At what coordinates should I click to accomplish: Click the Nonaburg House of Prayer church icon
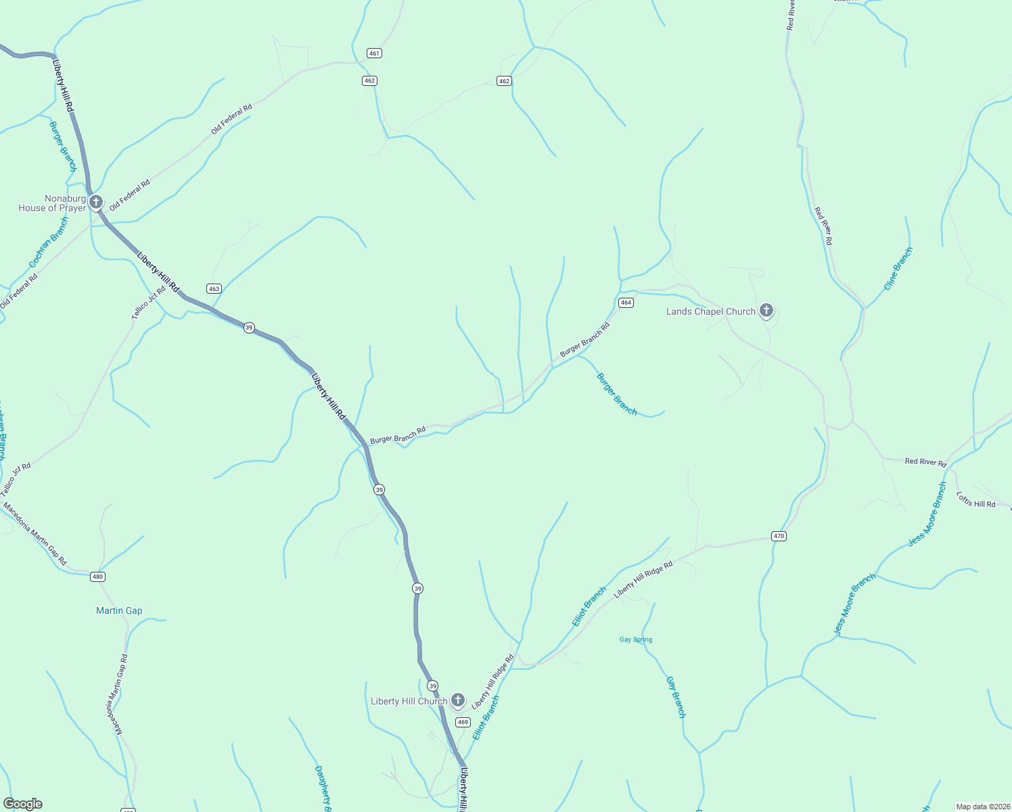click(96, 202)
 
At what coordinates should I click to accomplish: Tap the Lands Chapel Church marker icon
click(766, 311)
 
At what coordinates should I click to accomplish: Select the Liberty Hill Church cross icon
click(458, 700)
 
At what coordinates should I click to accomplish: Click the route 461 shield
click(374, 53)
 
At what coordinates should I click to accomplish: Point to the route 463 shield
click(214, 288)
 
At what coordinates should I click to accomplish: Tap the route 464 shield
click(626, 302)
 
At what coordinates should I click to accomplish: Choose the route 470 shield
click(779, 536)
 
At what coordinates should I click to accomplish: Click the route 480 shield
click(98, 577)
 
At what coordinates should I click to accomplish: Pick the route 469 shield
click(463, 722)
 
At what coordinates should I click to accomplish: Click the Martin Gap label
click(119, 610)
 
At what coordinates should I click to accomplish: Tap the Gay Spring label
click(636, 639)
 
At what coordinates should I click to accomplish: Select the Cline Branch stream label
click(898, 269)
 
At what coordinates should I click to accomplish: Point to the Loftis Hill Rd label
click(975, 499)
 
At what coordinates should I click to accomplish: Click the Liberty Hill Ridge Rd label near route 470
click(643, 579)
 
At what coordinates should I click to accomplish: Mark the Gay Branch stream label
click(676, 697)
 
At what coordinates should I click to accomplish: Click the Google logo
click(23, 804)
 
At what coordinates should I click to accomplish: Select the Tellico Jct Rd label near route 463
click(149, 302)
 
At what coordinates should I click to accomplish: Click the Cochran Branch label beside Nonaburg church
click(49, 242)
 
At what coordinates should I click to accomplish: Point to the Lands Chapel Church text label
click(710, 311)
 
